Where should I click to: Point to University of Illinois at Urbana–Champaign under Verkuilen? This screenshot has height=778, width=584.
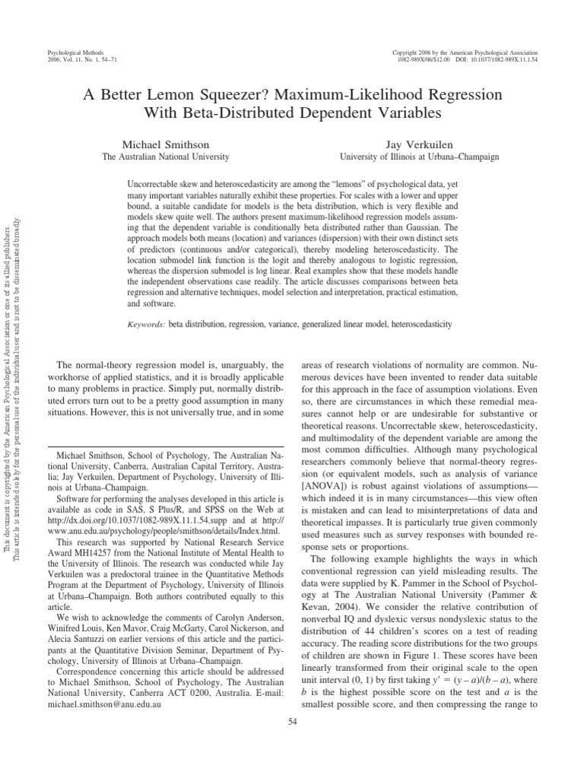pyautogui.click(x=419, y=157)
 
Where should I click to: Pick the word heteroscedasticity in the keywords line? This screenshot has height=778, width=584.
pyautogui.click(x=421, y=324)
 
